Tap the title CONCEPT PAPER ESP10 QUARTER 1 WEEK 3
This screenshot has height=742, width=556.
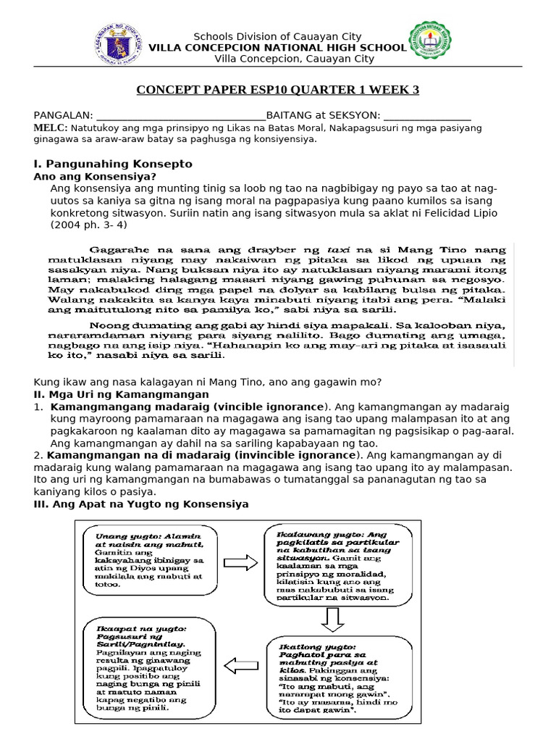coord(278,90)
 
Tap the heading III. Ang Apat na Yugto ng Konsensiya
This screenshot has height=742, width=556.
coord(141,504)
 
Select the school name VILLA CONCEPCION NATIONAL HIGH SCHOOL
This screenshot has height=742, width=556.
coord(277,48)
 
